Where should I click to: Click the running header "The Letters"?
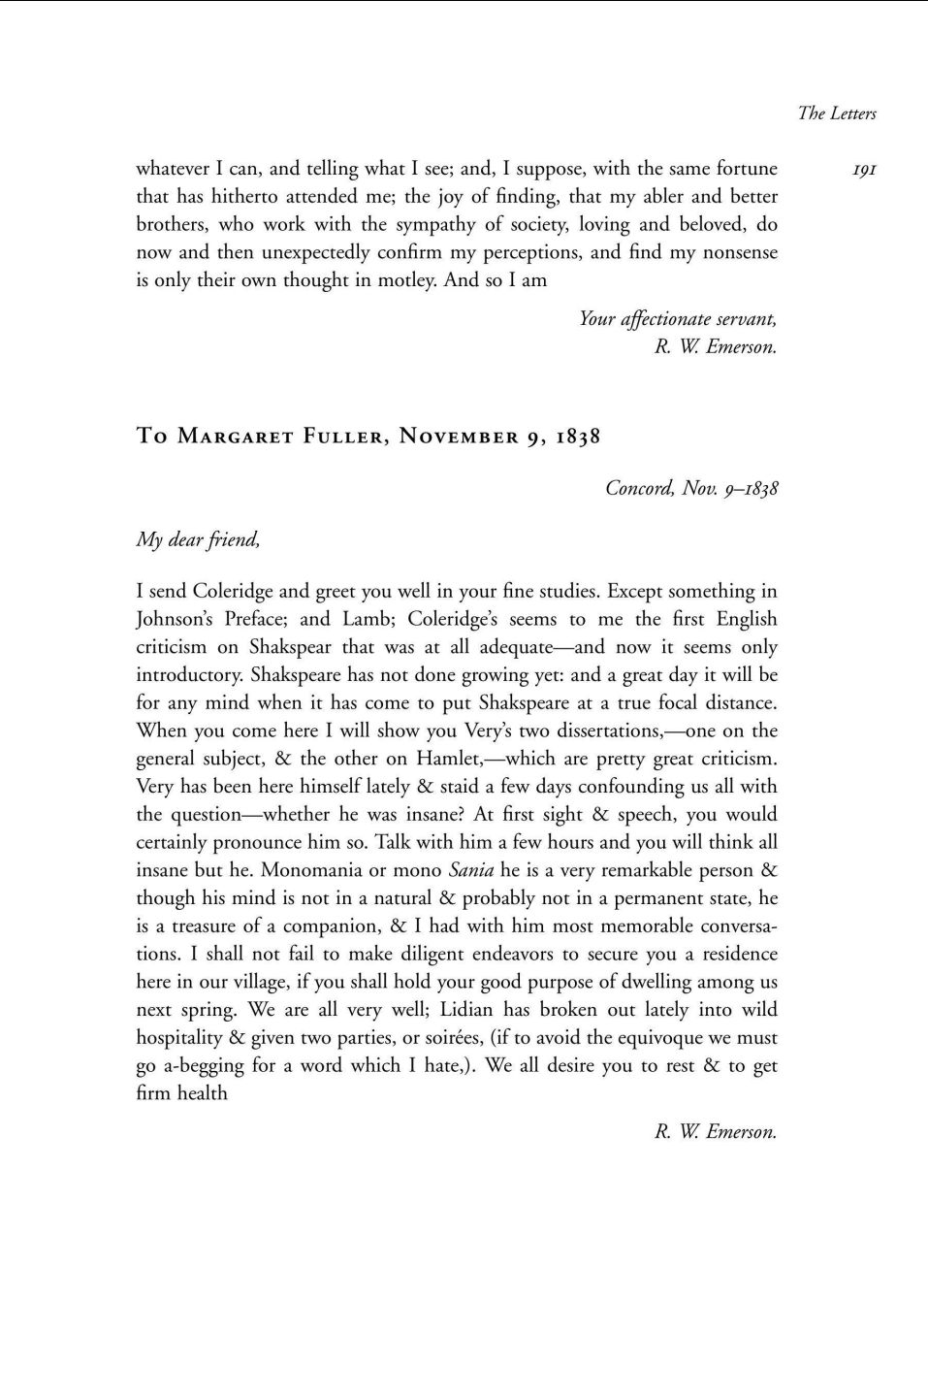point(837,114)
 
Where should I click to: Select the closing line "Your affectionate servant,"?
point(678,319)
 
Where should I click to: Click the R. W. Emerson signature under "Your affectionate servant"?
point(716,347)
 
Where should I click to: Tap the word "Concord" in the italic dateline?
point(639,488)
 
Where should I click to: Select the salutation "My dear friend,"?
point(198,539)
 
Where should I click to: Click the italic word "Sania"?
point(471,870)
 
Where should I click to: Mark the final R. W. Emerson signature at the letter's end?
point(716,1132)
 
